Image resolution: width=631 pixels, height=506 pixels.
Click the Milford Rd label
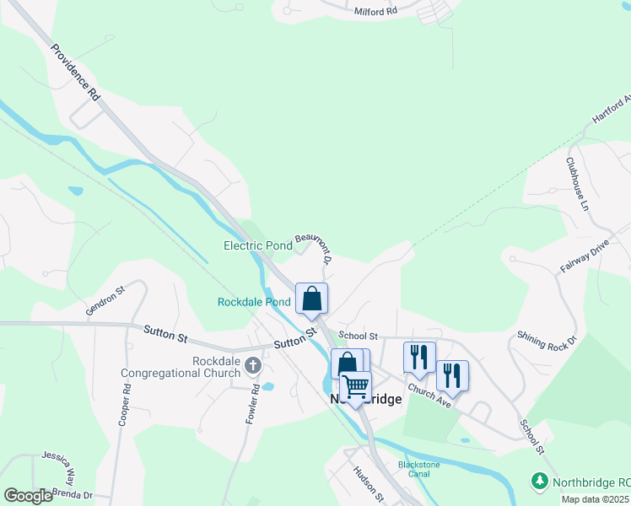[376, 11]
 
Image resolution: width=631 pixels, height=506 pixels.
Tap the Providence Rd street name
[75, 73]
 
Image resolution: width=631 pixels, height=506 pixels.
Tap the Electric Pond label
[257, 246]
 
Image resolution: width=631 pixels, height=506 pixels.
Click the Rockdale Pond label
[254, 302]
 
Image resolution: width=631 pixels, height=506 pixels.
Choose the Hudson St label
[369, 484]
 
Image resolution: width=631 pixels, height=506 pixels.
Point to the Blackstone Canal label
[413, 469]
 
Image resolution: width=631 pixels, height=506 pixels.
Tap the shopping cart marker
[356, 387]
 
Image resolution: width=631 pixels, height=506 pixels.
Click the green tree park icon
[539, 482]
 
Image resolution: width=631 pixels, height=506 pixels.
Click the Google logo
[28, 496]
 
